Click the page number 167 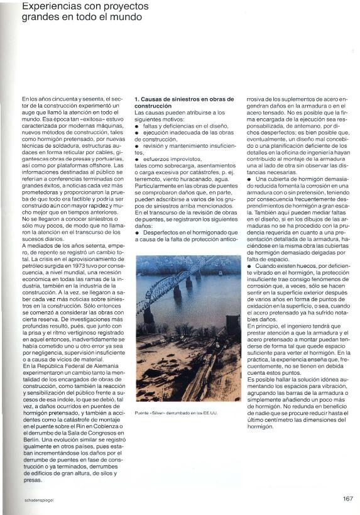point(347,499)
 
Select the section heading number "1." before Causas point(137,99)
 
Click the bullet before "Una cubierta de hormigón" point(249,179)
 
